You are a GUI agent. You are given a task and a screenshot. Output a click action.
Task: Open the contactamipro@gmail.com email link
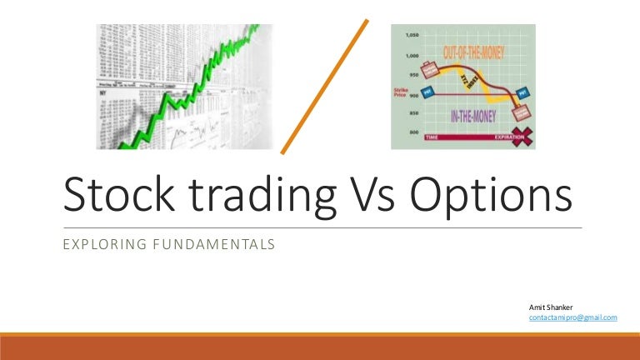point(572,318)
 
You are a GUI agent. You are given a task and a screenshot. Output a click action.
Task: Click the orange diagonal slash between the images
point(326,87)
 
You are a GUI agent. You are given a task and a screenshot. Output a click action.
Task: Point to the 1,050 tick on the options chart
point(411,35)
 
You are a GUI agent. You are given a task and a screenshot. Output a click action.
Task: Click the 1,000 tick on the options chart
point(411,55)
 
